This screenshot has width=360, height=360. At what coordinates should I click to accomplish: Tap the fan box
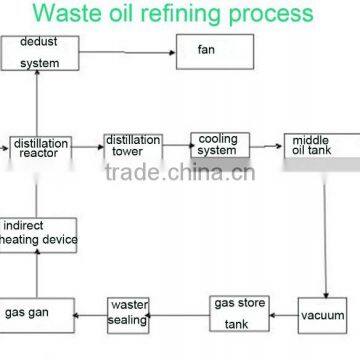coord(209,51)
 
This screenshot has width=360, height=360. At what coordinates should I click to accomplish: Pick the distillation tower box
coord(133,147)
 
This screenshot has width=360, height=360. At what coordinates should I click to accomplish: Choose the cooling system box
coord(219,145)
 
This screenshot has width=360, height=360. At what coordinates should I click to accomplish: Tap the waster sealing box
coord(130,313)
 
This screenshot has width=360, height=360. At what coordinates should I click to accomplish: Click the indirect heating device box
coord(39,234)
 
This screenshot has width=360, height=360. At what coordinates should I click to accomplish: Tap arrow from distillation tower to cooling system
coord(177,146)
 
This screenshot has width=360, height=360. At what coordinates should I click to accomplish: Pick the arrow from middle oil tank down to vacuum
coord(327,230)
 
